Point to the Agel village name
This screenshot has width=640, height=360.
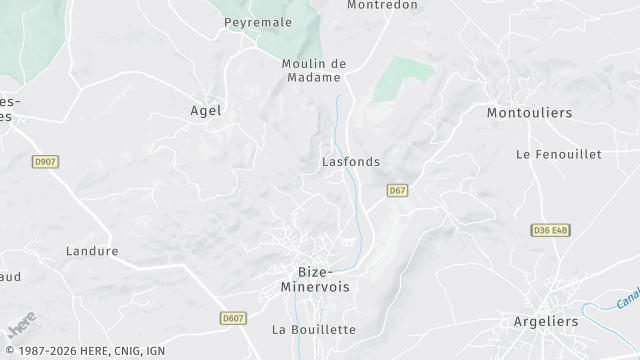206,111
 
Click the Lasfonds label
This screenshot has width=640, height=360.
351,161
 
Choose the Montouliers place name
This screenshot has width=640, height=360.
529,113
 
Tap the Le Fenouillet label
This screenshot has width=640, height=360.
558,154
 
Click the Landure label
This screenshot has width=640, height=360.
92,251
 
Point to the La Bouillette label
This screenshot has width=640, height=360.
314,329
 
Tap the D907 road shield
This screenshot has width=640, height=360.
45,161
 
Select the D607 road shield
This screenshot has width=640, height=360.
233,318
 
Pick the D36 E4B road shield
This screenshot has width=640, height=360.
550,230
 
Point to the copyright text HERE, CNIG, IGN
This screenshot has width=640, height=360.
85,352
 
